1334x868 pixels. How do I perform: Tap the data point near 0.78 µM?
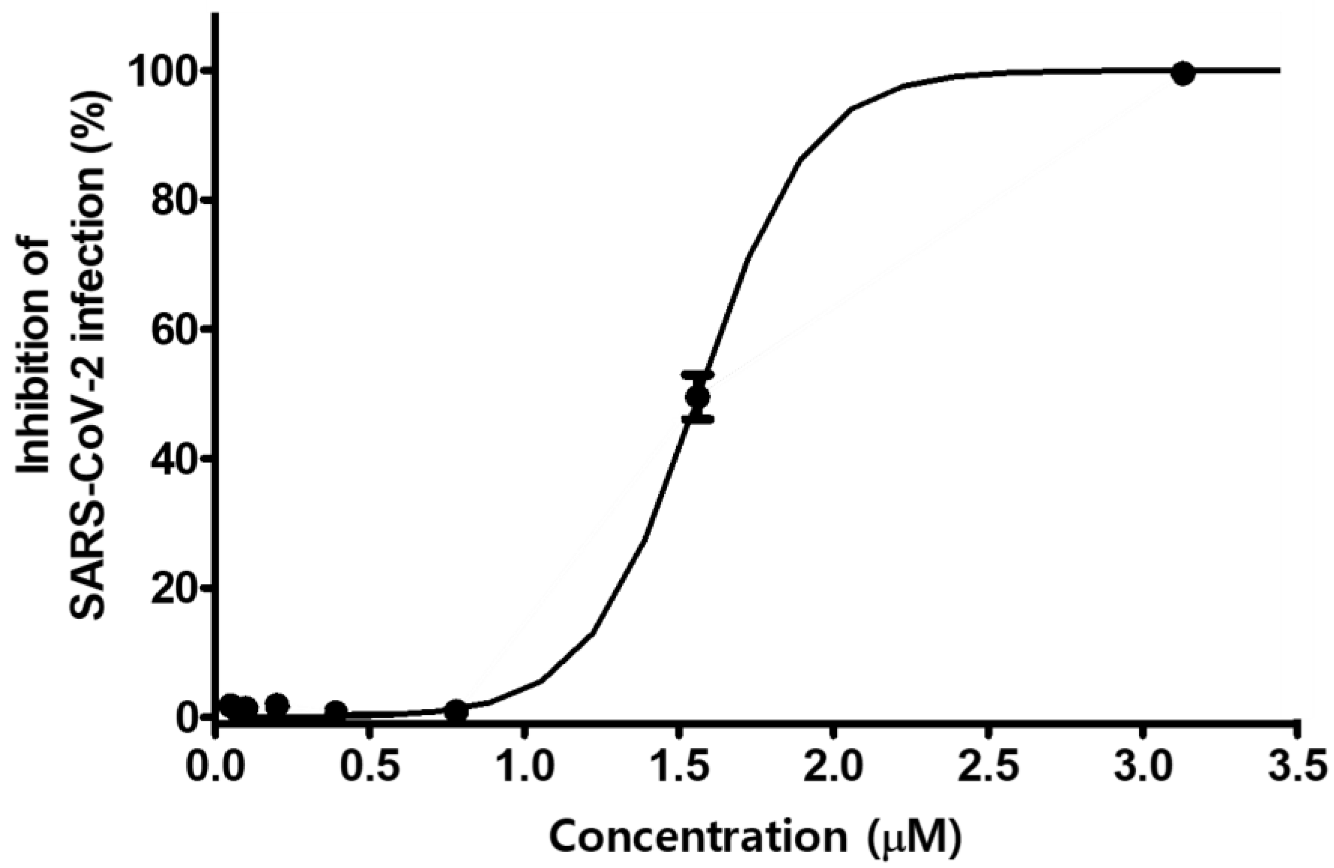point(457,710)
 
